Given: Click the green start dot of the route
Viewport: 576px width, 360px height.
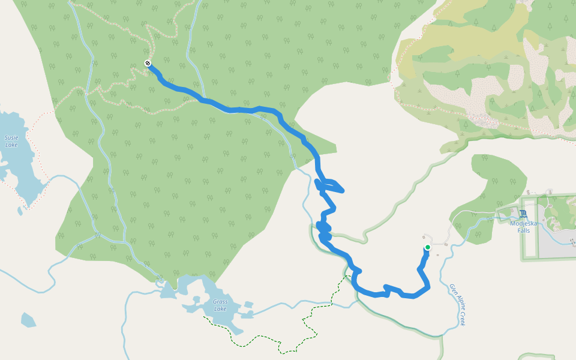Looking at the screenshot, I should pos(428,247).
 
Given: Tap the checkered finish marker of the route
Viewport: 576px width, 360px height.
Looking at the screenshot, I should pos(148,64).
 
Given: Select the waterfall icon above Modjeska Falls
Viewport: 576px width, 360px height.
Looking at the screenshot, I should pos(524,214).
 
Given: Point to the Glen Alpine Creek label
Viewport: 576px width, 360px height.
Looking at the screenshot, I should pos(457,305).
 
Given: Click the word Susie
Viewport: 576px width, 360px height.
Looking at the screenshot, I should pos(11,137).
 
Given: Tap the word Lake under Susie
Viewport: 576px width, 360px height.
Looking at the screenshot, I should pos(11,145).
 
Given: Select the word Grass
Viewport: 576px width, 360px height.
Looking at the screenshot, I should pos(220,302).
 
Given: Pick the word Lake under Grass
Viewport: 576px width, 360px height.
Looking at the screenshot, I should pos(220,309).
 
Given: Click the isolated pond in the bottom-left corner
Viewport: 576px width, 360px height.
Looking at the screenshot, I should pos(28,320).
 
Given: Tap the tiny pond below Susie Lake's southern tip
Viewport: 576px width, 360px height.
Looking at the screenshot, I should pos(20,211).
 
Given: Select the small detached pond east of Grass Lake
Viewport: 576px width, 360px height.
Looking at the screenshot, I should pos(246,313).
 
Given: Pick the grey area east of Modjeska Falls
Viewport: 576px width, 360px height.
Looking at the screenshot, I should pos(555,237).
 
